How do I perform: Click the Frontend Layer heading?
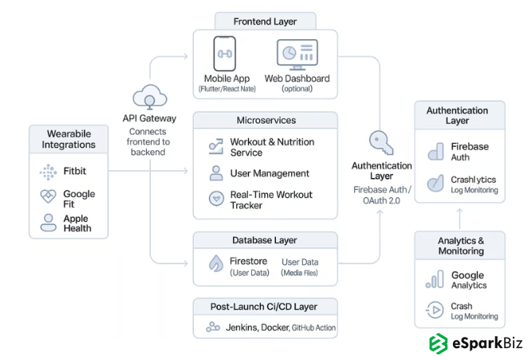coord(265,21)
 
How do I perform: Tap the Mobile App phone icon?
coord(224,54)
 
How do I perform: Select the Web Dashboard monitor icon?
coord(297,54)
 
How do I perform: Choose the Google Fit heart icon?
coord(48,197)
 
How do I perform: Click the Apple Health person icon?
coord(48,223)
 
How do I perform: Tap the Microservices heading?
coord(266,120)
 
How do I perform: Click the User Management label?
coord(270,173)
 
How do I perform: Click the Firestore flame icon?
coord(215,263)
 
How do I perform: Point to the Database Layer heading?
coord(266,239)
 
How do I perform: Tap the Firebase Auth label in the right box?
coord(470,152)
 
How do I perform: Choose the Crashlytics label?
coord(473,180)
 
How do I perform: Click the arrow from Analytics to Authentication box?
coord(460,216)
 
